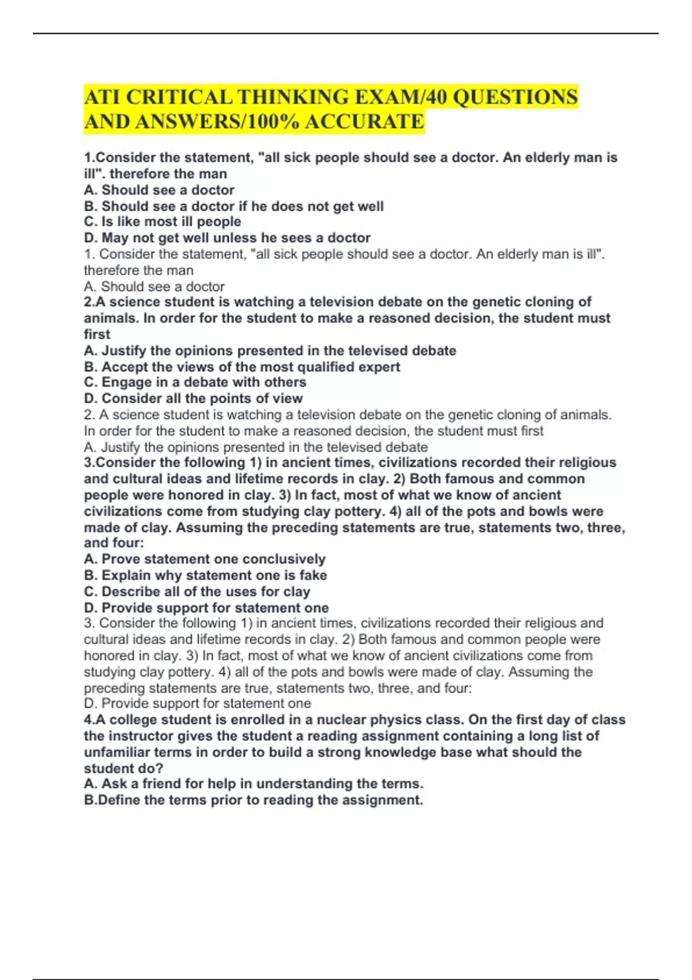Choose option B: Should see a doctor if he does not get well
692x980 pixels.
[234, 206]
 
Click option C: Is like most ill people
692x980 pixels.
[162, 222]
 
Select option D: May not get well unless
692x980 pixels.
[227, 238]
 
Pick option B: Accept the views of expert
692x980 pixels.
[242, 367]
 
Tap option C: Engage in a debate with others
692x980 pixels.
[195, 382]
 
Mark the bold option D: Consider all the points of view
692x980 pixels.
[193, 398]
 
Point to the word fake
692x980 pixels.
[313, 575]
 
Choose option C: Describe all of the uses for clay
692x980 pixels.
[197, 591]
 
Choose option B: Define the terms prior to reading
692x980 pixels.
[253, 800]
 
